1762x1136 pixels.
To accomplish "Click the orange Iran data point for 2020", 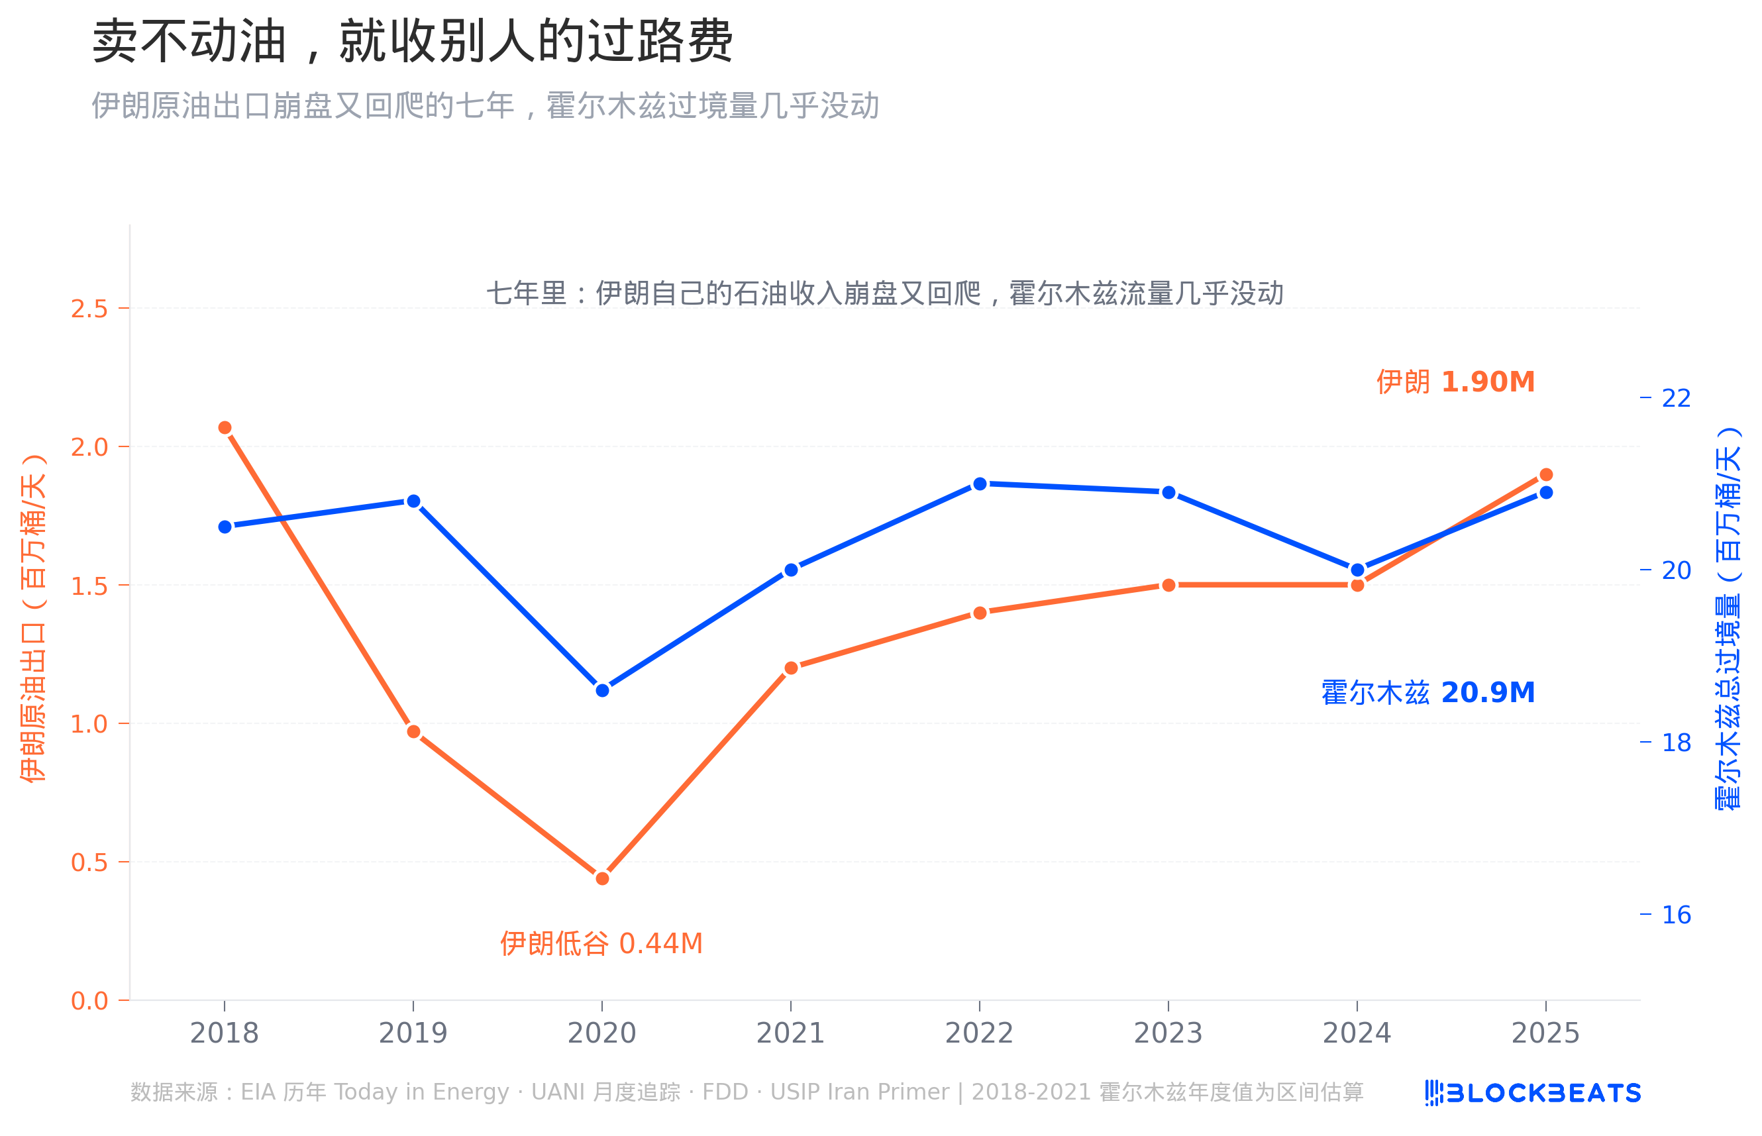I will pyautogui.click(x=602, y=878).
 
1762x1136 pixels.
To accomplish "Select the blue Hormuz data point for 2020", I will pyautogui.click(x=602, y=690).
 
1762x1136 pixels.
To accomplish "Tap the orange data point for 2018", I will pyautogui.click(x=225, y=428).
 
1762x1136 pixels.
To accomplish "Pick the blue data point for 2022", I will pyautogui.click(x=980, y=484).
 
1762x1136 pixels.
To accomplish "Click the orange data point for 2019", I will pyautogui.click(x=414, y=732).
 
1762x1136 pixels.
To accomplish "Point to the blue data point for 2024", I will pyautogui.click(x=1357, y=570).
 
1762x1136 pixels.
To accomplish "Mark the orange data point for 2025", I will pyautogui.click(x=1546, y=474).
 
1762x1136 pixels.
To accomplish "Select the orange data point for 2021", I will pyautogui.click(x=791, y=668).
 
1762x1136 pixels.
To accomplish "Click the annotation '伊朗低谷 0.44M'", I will pyautogui.click(x=601, y=943).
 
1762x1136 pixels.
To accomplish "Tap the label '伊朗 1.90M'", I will pyautogui.click(x=1455, y=382).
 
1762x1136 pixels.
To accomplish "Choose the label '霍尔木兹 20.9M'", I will pyautogui.click(x=1427, y=693).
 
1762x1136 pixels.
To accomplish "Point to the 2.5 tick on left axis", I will pyautogui.click(x=90, y=309).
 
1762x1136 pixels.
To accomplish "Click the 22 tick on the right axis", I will pyautogui.click(x=1676, y=398).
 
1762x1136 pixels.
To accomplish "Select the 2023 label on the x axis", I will pyautogui.click(x=1168, y=1033).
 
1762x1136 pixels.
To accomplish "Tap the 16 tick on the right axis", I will pyautogui.click(x=1676, y=915).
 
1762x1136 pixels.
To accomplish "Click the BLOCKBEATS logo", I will pyautogui.click(x=1533, y=1092).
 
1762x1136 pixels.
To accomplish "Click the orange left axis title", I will pyautogui.click(x=33, y=618).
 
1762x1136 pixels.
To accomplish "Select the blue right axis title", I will pyautogui.click(x=1728, y=618).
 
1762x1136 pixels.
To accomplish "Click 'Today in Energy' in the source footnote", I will pyautogui.click(x=421, y=1092).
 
